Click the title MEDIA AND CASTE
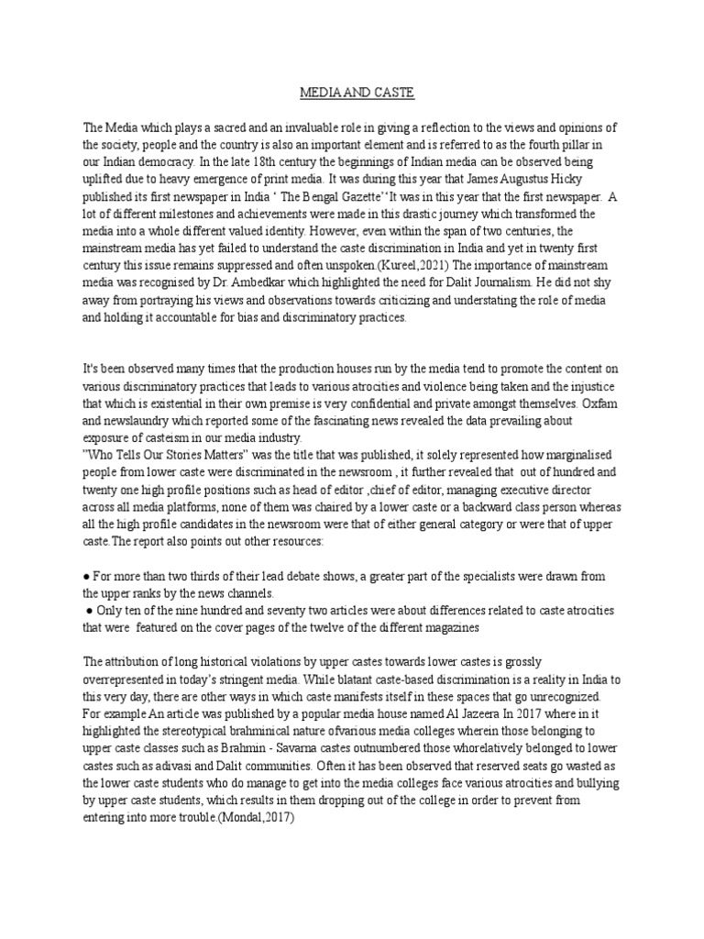[351, 93]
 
